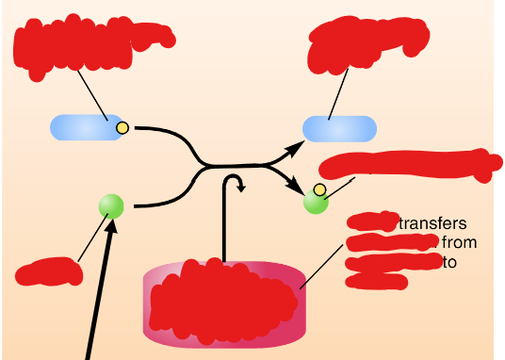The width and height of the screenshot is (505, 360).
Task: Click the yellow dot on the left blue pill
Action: (x=122, y=127)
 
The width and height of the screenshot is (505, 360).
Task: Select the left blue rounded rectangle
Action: (x=83, y=127)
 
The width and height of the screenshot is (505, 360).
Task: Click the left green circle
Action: (x=112, y=205)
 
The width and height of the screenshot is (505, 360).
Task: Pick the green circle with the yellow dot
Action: (x=315, y=202)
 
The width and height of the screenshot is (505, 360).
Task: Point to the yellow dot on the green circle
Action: (x=319, y=190)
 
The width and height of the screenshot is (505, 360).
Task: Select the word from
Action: (x=459, y=243)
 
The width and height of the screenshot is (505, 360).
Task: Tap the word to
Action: (x=449, y=262)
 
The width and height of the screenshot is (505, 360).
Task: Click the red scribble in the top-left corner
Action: (x=90, y=40)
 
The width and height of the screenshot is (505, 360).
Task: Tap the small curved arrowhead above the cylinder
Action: (x=241, y=186)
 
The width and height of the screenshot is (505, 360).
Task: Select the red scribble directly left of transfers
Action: (x=371, y=223)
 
